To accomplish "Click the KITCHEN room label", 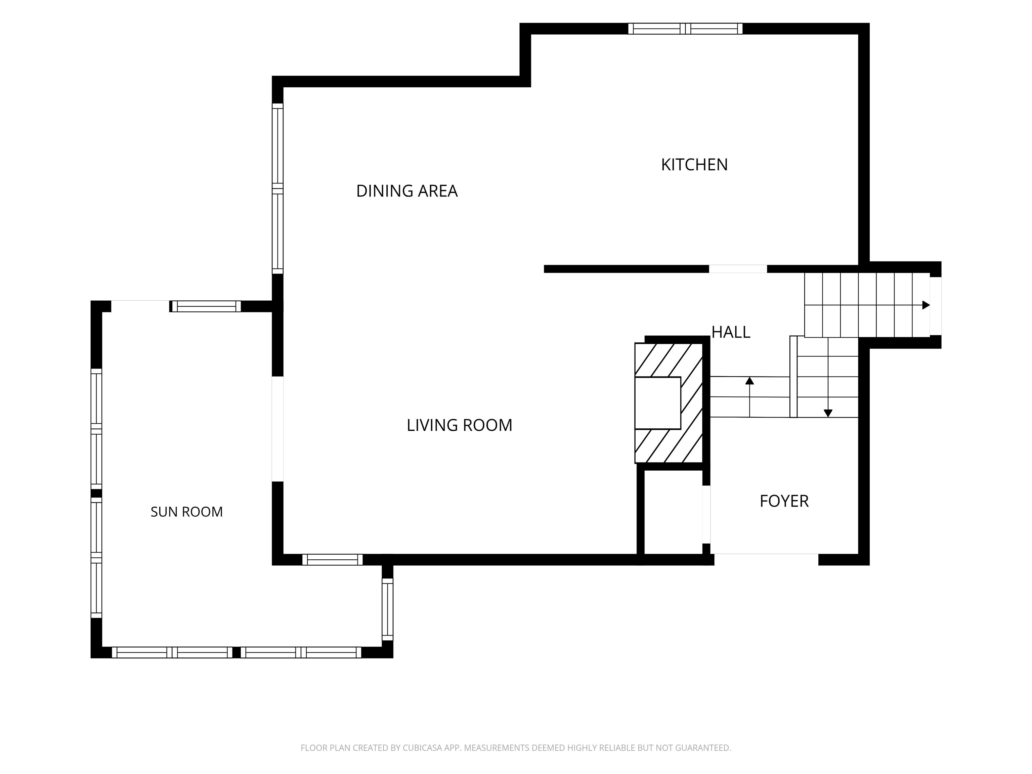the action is tap(694, 165).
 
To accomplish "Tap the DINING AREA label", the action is tap(407, 191).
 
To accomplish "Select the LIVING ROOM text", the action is tap(460, 425).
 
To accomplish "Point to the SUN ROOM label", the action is tap(187, 512).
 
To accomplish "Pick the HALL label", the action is tap(731, 332).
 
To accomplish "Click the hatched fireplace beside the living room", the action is tap(669, 403).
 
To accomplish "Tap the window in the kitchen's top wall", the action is tap(685, 29).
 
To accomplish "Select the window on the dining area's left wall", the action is tap(277, 188).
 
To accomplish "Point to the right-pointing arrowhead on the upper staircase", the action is tap(926, 305).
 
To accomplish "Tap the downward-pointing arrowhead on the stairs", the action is tap(828, 413).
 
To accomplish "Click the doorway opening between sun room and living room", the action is tap(277, 429).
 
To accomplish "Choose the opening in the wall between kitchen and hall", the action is tap(738, 269).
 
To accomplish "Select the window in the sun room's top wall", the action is tap(205, 306).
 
